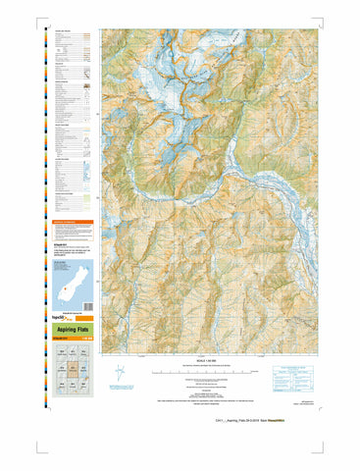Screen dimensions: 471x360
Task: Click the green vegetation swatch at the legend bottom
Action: (87, 198)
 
